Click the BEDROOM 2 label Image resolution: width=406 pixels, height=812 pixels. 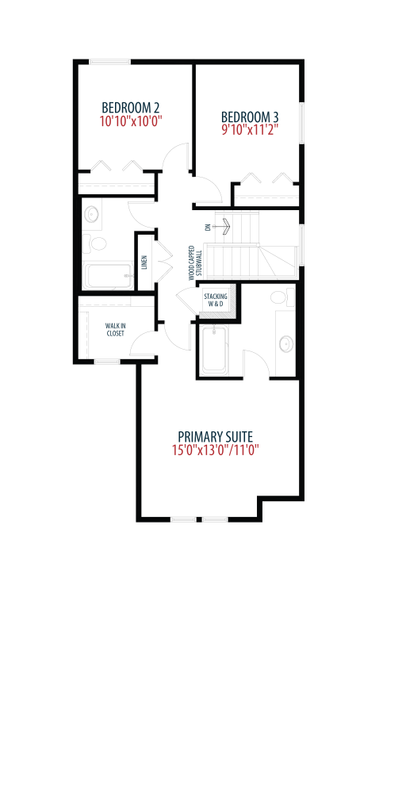pos(131,108)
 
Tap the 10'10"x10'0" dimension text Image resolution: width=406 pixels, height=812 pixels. pos(131,121)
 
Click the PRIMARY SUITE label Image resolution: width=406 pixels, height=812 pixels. pos(216,436)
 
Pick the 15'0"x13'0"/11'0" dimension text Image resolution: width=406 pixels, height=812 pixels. pos(216,450)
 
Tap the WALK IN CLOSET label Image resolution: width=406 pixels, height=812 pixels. pos(115,330)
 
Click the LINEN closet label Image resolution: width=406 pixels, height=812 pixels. pos(145,263)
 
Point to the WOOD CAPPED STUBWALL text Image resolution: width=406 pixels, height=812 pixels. pos(195,263)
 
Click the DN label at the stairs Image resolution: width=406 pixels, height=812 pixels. pos(208,227)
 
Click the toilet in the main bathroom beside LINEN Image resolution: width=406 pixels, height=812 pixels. pos(95,243)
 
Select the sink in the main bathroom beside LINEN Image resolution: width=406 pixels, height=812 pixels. pos(92,213)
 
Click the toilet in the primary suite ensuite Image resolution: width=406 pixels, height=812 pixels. pos(280,298)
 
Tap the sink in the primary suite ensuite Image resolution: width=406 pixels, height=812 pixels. pos(285,343)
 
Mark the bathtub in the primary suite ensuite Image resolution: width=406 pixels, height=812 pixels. pos(213,350)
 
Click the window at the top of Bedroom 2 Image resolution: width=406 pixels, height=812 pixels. pos(109,62)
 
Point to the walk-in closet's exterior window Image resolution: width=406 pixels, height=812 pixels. pos(108,361)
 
